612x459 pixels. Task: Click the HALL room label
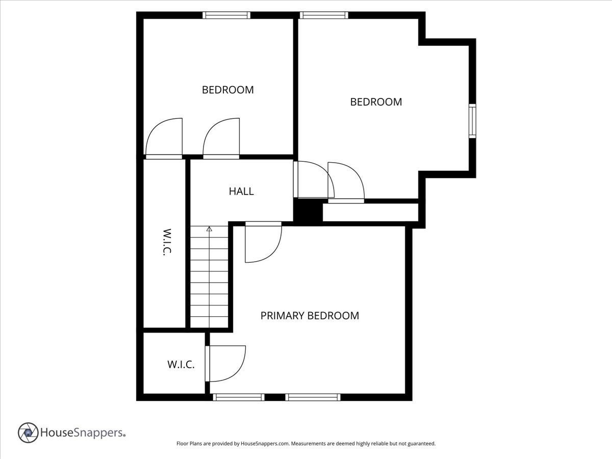tap(241, 192)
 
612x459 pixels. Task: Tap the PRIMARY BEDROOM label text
tap(310, 316)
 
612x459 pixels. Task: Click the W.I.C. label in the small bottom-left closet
tap(181, 365)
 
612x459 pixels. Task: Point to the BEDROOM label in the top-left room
tap(227, 90)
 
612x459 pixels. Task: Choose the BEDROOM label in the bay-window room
tap(376, 102)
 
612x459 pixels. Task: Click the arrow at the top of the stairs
tap(209, 229)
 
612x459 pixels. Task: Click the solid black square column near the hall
tap(308, 211)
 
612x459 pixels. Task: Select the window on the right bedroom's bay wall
tap(472, 121)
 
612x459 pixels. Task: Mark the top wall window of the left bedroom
tap(226, 15)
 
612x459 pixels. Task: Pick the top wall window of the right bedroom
tap(324, 15)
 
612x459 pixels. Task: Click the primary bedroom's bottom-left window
tap(238, 397)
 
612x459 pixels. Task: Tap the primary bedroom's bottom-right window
tap(313, 397)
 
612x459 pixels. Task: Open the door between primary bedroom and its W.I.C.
tap(224, 364)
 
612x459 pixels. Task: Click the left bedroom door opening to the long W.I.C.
tap(164, 139)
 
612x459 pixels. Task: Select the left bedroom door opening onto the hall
tap(221, 139)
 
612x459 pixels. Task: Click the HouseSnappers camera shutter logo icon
tap(28, 432)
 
